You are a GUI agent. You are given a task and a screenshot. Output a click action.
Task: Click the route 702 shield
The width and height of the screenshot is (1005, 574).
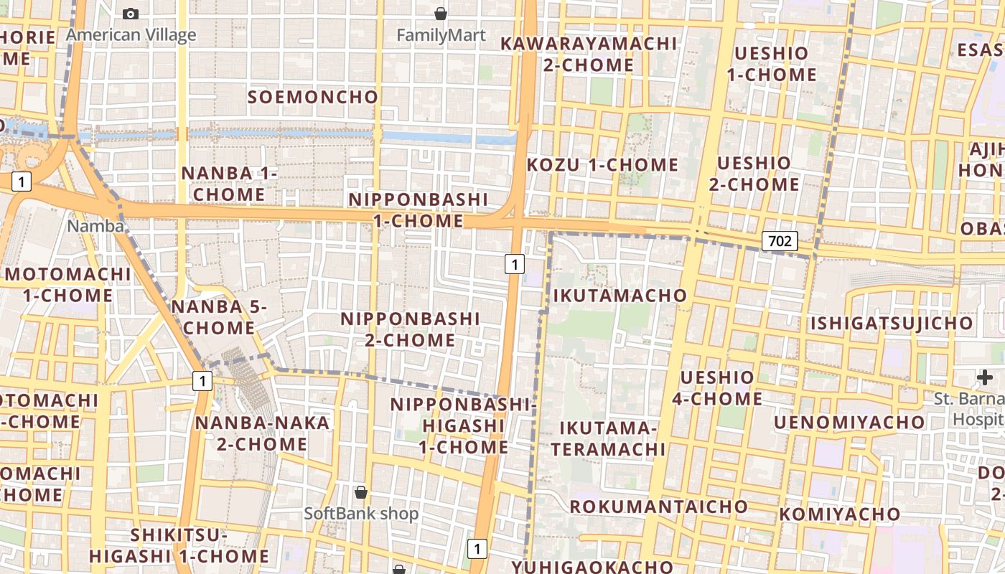[x=780, y=241]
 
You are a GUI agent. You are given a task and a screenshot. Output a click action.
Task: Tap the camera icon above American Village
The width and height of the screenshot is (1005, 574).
[x=131, y=14]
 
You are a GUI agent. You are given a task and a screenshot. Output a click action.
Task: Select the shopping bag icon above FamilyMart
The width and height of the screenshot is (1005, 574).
[x=441, y=14]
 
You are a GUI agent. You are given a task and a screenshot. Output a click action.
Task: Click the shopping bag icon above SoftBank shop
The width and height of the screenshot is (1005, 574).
[x=361, y=492]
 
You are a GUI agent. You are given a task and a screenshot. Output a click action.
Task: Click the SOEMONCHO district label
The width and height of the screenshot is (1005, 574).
[x=313, y=97]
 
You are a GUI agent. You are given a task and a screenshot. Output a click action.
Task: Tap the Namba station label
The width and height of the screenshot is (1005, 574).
[x=95, y=226]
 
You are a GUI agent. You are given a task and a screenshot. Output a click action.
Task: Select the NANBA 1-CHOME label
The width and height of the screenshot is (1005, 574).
[x=229, y=184]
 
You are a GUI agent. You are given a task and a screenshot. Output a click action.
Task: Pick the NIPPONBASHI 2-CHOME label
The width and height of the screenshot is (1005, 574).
[x=410, y=329]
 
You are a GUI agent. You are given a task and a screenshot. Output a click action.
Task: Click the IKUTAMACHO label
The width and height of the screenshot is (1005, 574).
[x=620, y=295]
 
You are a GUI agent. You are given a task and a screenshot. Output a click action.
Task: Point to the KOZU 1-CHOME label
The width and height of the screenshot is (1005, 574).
[x=602, y=165]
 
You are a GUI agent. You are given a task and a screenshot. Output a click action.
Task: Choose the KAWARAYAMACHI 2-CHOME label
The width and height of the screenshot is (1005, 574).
[x=589, y=54]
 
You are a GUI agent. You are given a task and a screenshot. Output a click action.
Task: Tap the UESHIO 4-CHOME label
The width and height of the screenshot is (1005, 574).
[x=717, y=388]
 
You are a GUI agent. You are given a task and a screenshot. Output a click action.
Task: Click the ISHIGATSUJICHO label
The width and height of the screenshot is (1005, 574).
[x=892, y=323]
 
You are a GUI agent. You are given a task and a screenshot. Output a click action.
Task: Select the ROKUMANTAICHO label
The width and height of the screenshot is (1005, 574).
[x=658, y=507]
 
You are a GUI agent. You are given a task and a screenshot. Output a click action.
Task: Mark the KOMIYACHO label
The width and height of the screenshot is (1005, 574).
[x=839, y=514]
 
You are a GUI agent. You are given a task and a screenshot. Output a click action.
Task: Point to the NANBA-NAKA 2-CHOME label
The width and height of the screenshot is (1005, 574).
[x=262, y=433]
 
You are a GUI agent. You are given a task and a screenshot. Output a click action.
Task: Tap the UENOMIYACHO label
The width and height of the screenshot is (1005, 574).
[x=849, y=422]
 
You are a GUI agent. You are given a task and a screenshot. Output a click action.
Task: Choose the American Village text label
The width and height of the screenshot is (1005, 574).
[x=131, y=35]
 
